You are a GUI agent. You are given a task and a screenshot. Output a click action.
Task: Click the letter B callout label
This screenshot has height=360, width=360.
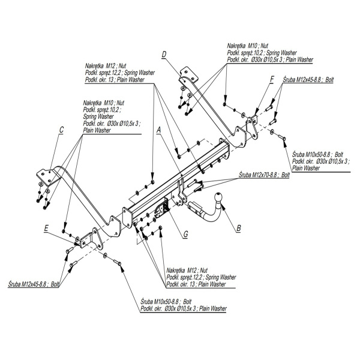[x=238, y=227]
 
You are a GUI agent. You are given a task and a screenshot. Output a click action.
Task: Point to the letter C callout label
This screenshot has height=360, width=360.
[x=61, y=130]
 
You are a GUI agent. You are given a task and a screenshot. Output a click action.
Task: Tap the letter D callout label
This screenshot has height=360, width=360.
[x=163, y=55]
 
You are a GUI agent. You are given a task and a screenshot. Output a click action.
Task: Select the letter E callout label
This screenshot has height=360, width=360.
[x=46, y=228]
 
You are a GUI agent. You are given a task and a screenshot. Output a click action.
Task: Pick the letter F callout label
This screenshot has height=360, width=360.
[x=271, y=79]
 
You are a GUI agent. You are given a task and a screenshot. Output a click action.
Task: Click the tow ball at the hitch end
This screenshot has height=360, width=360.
[x=217, y=196]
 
